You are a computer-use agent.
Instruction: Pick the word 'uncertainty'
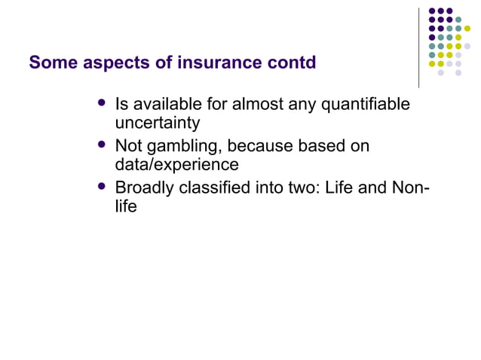pos(158,122)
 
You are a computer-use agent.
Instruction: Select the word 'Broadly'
pos(144,188)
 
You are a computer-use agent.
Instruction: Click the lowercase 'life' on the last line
pos(126,206)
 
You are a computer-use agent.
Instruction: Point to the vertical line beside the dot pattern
pos(419,47)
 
